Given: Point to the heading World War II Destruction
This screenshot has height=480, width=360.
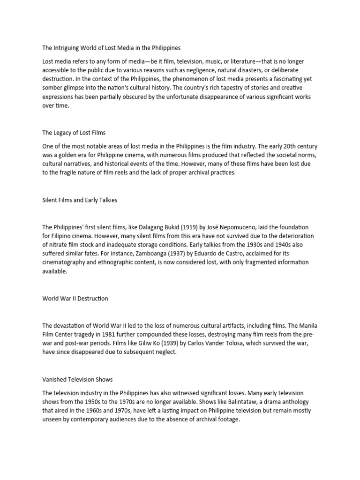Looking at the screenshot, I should [x=75, y=299].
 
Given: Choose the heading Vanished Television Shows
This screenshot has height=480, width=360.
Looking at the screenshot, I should [x=77, y=379].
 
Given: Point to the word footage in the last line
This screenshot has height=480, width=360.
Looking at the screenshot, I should [x=226, y=419].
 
